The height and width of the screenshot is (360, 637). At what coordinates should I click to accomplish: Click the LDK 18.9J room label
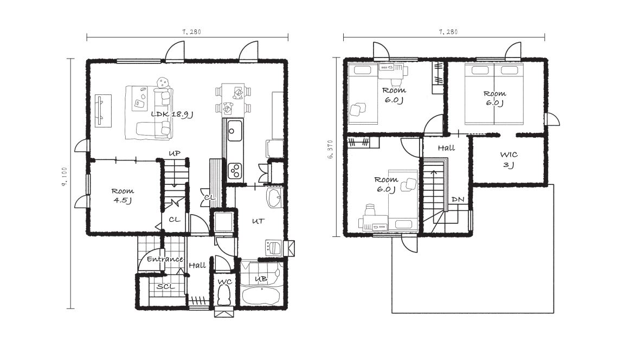[172, 114]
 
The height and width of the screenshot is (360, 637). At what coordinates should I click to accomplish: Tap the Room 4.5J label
[123, 195]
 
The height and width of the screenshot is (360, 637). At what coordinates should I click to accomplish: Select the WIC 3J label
[509, 160]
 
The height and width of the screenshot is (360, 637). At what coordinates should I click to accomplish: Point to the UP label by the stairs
[174, 153]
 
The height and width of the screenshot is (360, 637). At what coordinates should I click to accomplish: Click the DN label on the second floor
[458, 200]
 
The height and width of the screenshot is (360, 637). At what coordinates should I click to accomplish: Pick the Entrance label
[164, 259]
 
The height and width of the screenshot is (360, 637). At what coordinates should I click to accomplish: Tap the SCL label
[166, 286]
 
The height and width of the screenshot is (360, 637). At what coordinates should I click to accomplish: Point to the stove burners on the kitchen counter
[235, 170]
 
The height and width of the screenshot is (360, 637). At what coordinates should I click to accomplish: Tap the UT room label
[258, 221]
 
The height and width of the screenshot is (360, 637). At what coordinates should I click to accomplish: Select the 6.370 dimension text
[330, 149]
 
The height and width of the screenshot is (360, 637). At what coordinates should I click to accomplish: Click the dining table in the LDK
[233, 98]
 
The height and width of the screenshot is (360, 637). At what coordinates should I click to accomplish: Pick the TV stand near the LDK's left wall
[103, 111]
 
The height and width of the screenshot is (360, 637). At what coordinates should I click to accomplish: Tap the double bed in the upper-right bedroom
[494, 94]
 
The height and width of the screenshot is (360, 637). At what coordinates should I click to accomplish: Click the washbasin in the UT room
[275, 198]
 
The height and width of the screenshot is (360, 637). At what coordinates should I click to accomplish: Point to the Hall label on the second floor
[446, 148]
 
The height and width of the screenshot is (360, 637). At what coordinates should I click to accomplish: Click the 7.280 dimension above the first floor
[192, 31]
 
